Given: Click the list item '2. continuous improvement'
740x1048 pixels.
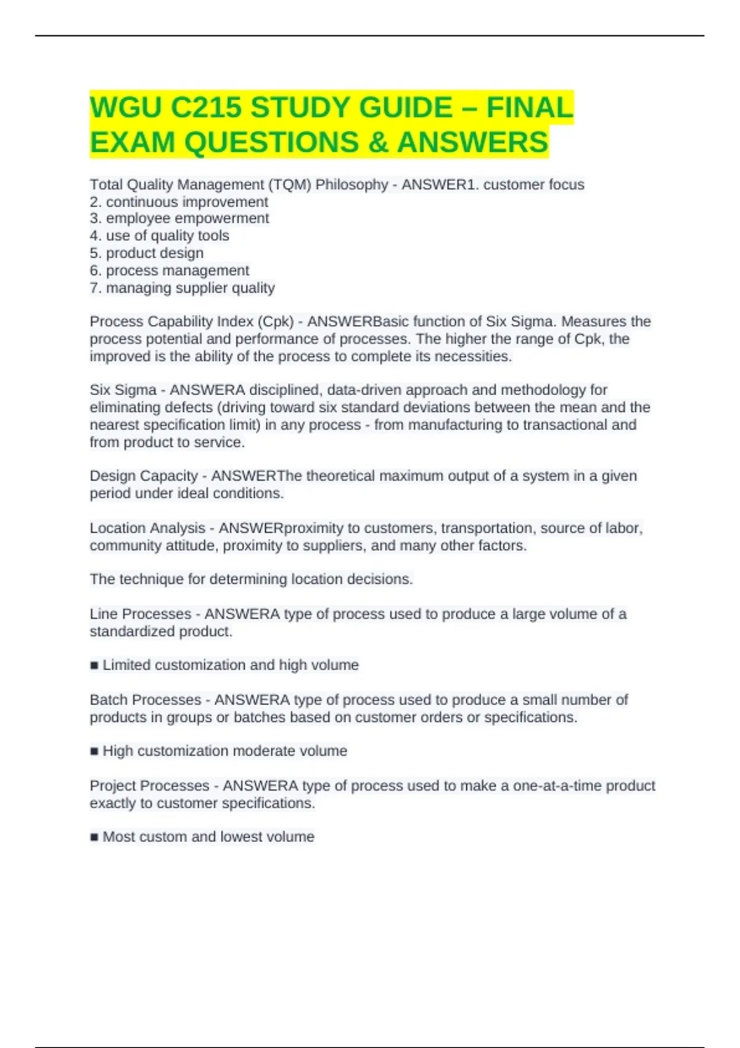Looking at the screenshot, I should pyautogui.click(x=179, y=202).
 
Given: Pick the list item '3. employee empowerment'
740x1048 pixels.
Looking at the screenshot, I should pyautogui.click(x=179, y=218).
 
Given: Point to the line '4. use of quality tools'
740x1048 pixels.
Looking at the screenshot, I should pyautogui.click(x=159, y=235).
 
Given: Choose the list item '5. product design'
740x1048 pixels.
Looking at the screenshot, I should pyautogui.click(x=146, y=253).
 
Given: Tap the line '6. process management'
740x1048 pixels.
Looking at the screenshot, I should pyautogui.click(x=170, y=270).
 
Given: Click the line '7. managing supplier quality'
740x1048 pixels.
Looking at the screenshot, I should pyautogui.click(x=182, y=288).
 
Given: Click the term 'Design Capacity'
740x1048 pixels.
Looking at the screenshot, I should pyautogui.click(x=144, y=476).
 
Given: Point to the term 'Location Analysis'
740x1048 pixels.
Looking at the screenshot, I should pyautogui.click(x=147, y=528).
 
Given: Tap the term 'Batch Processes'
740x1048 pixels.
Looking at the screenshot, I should pyautogui.click(x=146, y=700).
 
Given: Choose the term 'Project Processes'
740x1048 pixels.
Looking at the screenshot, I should pyautogui.click(x=150, y=786).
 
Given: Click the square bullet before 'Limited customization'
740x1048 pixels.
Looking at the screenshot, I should pyautogui.click(x=94, y=666).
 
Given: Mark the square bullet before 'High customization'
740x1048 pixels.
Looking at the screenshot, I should pyautogui.click(x=94, y=751).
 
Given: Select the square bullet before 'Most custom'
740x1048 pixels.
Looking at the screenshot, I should pyautogui.click(x=94, y=837).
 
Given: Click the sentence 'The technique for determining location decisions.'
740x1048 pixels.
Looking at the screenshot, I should pyautogui.click(x=251, y=579).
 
